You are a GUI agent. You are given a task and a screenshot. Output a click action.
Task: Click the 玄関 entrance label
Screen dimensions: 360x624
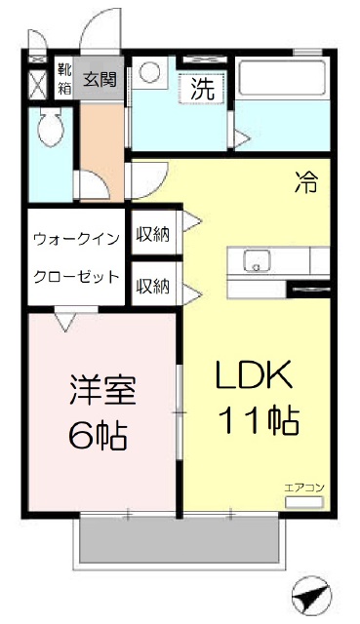pyautogui.click(x=100, y=80)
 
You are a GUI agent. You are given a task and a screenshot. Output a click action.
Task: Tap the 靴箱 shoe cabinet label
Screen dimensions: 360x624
pyautogui.click(x=64, y=79)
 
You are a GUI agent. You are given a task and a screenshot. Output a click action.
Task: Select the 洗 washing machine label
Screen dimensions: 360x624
pyautogui.click(x=202, y=89)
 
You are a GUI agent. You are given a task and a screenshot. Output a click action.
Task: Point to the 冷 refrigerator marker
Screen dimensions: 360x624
pyautogui.click(x=306, y=182)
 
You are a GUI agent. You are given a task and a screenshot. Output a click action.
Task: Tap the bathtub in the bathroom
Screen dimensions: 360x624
pyautogui.click(x=282, y=79)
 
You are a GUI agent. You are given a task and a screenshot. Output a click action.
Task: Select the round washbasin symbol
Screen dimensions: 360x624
pyautogui.click(x=150, y=72)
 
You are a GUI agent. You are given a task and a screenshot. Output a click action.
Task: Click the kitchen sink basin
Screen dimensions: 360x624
pyautogui.click(x=257, y=261)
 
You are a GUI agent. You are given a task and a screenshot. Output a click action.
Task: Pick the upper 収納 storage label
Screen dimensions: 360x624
pyautogui.click(x=153, y=234)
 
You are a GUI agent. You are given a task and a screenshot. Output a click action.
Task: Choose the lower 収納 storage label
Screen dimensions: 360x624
pyautogui.click(x=153, y=286)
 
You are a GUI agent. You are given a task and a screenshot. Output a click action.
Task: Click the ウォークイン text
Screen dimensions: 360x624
pyautogui.click(x=76, y=239)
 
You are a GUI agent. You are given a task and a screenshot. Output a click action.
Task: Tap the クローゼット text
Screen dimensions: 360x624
pyautogui.click(x=76, y=276)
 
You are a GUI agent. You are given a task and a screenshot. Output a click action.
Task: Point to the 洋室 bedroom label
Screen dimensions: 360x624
pyautogui.click(x=103, y=390)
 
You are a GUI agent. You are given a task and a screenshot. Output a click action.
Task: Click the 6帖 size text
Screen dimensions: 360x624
pyautogui.click(x=98, y=435)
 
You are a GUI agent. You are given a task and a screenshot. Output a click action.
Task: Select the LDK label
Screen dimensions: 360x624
pyautogui.click(x=254, y=374)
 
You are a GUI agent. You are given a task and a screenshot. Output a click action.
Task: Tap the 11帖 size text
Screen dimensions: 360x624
pyautogui.click(x=259, y=420)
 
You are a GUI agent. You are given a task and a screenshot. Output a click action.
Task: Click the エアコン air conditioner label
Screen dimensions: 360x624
pyautogui.click(x=304, y=487)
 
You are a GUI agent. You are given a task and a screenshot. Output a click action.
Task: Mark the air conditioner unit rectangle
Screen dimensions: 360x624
pyautogui.click(x=303, y=502)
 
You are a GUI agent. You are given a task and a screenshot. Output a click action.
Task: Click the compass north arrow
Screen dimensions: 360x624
pyautogui.click(x=311, y=597)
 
